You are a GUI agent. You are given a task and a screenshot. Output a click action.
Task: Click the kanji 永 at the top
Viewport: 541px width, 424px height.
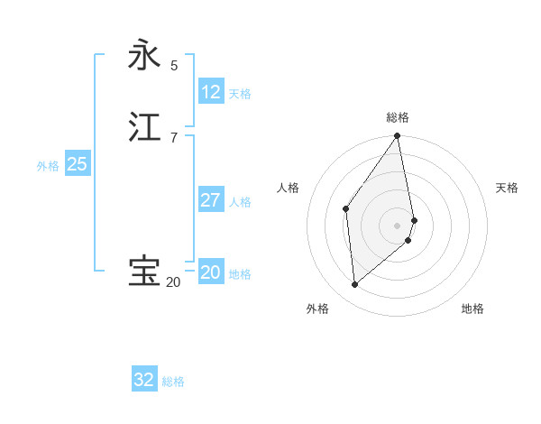click(x=144, y=55)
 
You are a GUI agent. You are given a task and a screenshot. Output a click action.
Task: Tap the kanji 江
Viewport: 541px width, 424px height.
click(x=144, y=127)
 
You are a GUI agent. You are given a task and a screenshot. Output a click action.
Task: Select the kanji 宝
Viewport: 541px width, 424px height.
click(x=144, y=272)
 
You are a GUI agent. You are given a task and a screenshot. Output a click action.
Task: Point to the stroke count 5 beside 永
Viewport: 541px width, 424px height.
click(x=174, y=65)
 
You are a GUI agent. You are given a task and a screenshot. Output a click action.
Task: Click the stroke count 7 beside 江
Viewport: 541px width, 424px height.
click(x=174, y=137)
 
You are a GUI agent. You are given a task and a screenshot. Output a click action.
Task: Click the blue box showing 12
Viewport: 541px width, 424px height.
click(x=211, y=91)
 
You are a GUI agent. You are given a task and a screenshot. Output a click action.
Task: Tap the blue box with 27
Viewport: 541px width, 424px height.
click(x=211, y=199)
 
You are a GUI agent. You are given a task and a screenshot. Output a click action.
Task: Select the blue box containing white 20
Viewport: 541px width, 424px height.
click(x=211, y=272)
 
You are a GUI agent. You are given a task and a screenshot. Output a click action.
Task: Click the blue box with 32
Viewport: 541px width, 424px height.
click(x=144, y=380)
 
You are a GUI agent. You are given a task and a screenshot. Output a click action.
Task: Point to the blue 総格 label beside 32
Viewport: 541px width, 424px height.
click(x=173, y=382)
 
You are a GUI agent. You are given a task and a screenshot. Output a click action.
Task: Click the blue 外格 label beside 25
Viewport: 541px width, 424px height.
click(x=48, y=166)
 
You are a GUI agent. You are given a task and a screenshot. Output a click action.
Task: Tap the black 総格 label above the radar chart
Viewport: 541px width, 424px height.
click(x=398, y=117)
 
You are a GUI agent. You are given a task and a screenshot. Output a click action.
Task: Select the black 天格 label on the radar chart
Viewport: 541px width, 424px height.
click(x=507, y=188)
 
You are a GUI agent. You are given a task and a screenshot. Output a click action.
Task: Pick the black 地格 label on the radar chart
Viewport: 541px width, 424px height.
click(x=472, y=309)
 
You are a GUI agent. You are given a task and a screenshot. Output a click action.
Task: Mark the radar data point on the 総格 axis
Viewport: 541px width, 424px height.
click(x=398, y=136)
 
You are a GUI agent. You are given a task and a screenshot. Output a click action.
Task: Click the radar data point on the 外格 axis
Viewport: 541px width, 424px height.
click(x=355, y=284)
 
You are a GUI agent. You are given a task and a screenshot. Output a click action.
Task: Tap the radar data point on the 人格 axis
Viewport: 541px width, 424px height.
click(x=346, y=208)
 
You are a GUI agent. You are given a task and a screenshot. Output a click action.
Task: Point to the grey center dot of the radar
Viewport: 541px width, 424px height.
click(x=398, y=225)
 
